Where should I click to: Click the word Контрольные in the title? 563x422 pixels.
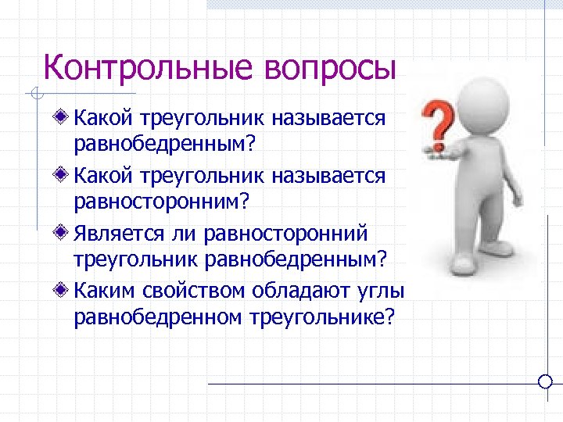(x=149, y=67)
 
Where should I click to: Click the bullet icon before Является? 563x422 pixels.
(x=63, y=233)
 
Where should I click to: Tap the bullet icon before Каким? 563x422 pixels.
(x=63, y=290)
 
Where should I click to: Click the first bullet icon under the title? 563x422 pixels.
(x=63, y=119)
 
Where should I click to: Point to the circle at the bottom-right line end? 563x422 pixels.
(x=546, y=382)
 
